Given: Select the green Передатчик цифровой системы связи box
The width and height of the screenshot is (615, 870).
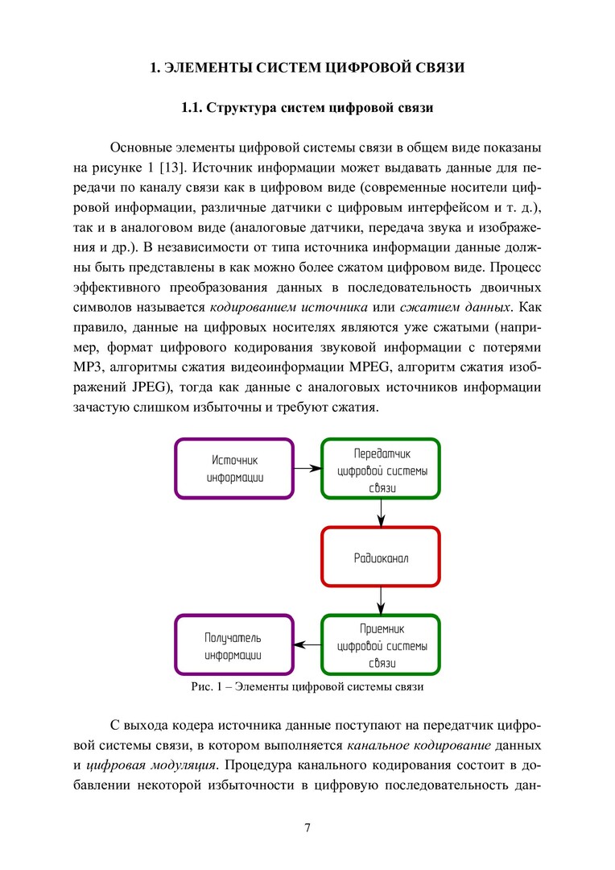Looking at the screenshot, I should click(x=381, y=468).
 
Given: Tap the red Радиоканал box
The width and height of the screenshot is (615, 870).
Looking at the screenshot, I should click(x=381, y=557).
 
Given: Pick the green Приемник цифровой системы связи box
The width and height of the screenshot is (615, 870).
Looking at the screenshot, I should click(x=381, y=645).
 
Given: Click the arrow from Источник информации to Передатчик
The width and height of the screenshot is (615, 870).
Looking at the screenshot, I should click(x=307, y=468).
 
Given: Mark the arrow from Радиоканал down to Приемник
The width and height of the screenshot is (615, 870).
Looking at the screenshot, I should click(x=381, y=600).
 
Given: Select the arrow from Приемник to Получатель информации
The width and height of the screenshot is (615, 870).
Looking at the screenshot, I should click(x=307, y=645).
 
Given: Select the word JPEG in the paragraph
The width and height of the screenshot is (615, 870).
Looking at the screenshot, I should click(x=113, y=387).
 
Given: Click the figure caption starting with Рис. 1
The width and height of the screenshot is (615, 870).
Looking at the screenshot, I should click(x=307, y=687).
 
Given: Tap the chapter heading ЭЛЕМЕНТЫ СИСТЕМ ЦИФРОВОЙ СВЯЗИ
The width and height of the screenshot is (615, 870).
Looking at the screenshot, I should click(x=307, y=68).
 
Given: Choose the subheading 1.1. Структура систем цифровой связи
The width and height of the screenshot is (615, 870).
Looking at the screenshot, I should click(x=307, y=107).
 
